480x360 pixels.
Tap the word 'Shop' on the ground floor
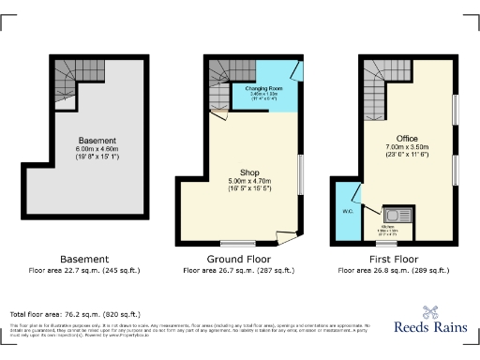pyautogui.click(x=250, y=172)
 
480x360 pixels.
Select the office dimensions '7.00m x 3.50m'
pyautogui.click(x=407, y=147)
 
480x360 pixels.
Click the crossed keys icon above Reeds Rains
pyautogui.click(x=431, y=312)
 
